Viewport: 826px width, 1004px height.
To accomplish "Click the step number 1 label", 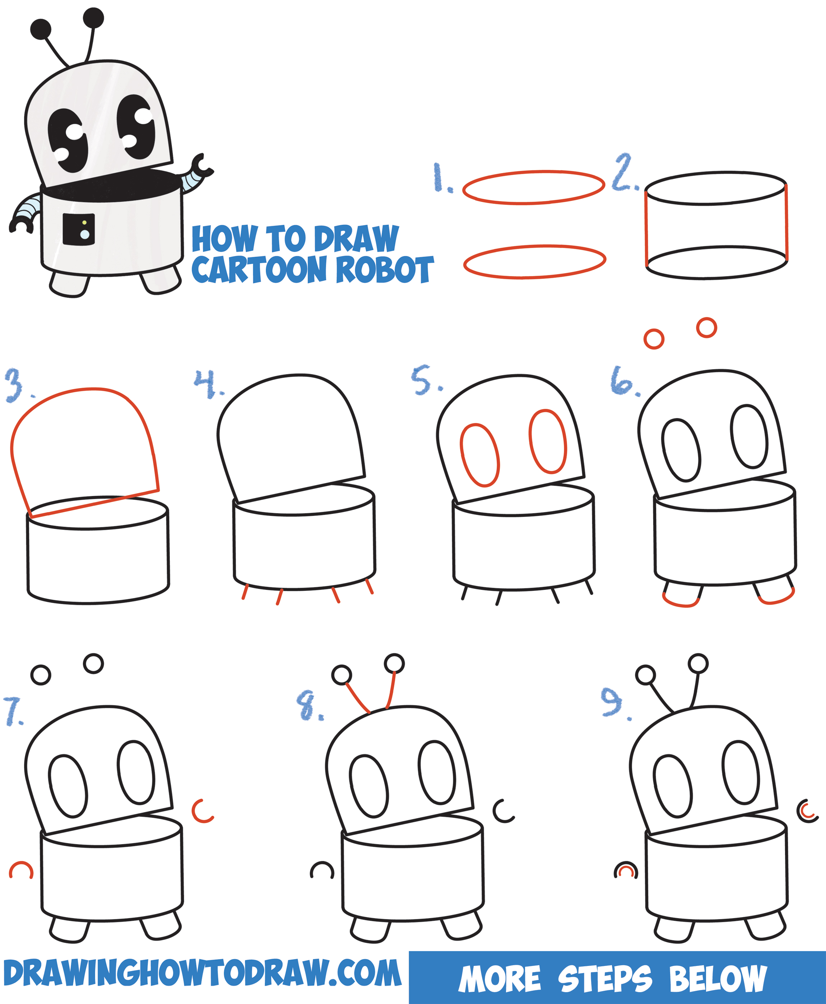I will (x=441, y=178).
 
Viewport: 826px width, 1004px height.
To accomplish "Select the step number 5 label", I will (x=423, y=380).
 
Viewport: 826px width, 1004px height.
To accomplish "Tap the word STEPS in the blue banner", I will (x=604, y=979).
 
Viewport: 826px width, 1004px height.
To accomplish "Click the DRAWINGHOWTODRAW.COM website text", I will (x=202, y=973).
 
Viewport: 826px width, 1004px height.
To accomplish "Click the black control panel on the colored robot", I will (x=79, y=230).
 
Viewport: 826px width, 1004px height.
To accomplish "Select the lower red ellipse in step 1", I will (x=534, y=262).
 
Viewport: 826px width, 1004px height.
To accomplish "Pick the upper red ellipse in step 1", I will (x=533, y=187).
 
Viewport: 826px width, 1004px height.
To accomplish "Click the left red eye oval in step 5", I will (x=479, y=455).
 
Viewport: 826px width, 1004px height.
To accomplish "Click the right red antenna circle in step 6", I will (x=706, y=328).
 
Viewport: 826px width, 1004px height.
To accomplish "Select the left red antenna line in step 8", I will (x=358, y=697).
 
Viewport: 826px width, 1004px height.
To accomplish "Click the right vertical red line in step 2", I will (x=786, y=223).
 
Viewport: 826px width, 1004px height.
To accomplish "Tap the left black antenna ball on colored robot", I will (x=41, y=29).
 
